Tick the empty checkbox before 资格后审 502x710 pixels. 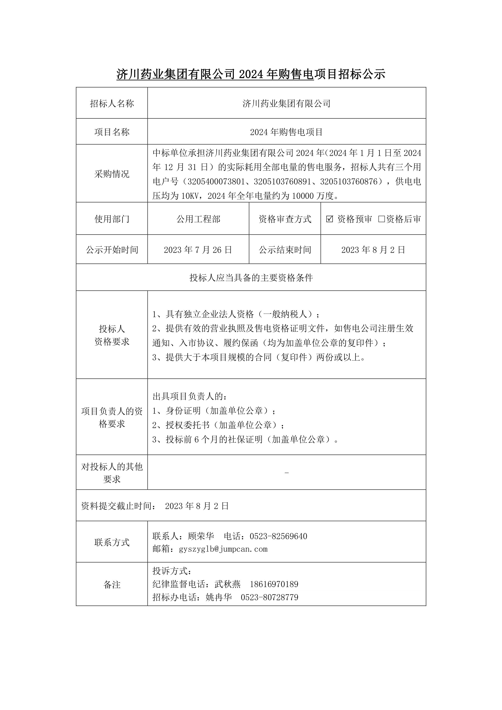point(381,219)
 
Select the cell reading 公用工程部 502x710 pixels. point(198,219)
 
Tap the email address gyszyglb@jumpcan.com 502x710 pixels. point(223,549)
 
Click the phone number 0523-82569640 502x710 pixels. point(278,536)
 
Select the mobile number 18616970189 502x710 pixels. point(274,584)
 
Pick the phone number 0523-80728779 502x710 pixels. point(269,597)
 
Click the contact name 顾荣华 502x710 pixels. point(201,536)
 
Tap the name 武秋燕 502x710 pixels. point(227,584)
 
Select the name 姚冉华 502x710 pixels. point(219,597)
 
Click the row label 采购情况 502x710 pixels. point(112,174)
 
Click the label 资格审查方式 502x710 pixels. point(285,219)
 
